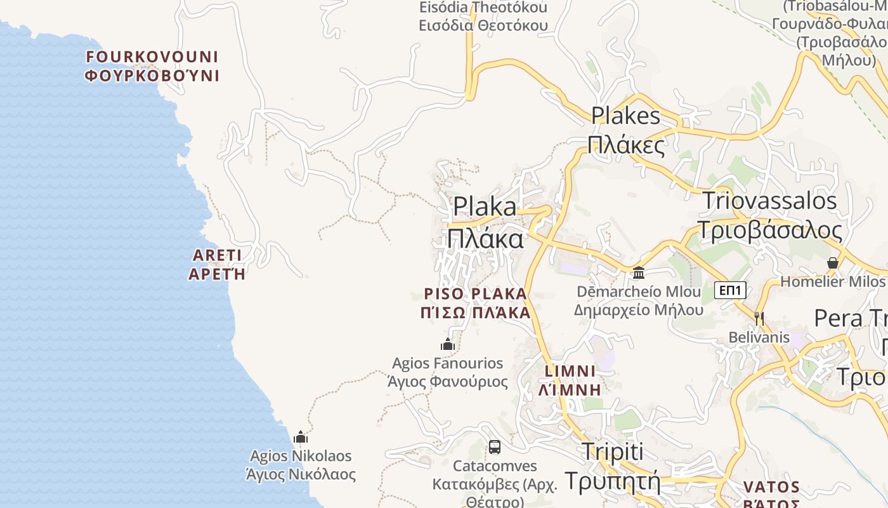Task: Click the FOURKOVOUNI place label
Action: click(x=152, y=66)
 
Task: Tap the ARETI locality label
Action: click(x=217, y=265)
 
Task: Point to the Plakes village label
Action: click(x=626, y=131)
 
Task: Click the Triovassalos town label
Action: click(x=769, y=215)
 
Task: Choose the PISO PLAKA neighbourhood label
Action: click(x=476, y=303)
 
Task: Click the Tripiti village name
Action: click(x=612, y=467)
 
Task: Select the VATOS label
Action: click(x=771, y=495)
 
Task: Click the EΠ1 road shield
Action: click(x=730, y=291)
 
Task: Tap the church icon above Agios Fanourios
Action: click(x=448, y=345)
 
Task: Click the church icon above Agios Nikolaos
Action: click(x=301, y=437)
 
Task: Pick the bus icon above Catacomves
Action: click(x=495, y=447)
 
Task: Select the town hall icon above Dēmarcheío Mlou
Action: click(x=639, y=272)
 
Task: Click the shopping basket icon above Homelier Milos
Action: click(x=833, y=263)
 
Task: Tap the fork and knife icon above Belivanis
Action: click(x=759, y=318)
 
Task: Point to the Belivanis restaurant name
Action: click(x=759, y=337)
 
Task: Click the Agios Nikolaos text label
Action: click(x=301, y=465)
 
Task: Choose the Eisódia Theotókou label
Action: click(x=483, y=17)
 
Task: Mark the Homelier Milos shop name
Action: click(x=832, y=281)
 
